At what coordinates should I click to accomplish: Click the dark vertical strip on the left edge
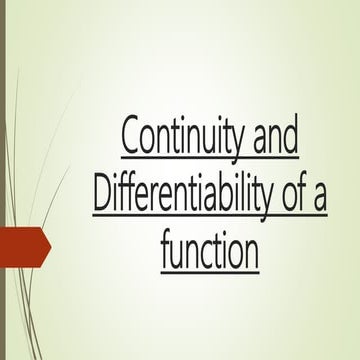click(x=3, y=180)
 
